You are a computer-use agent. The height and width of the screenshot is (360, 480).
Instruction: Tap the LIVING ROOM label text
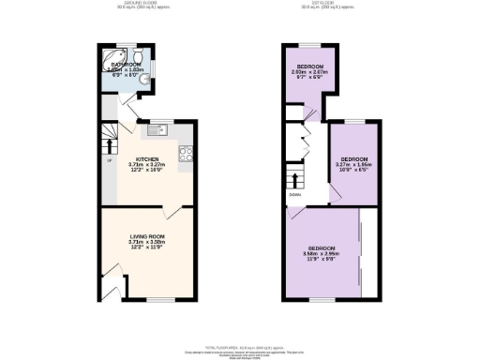[147, 238]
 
